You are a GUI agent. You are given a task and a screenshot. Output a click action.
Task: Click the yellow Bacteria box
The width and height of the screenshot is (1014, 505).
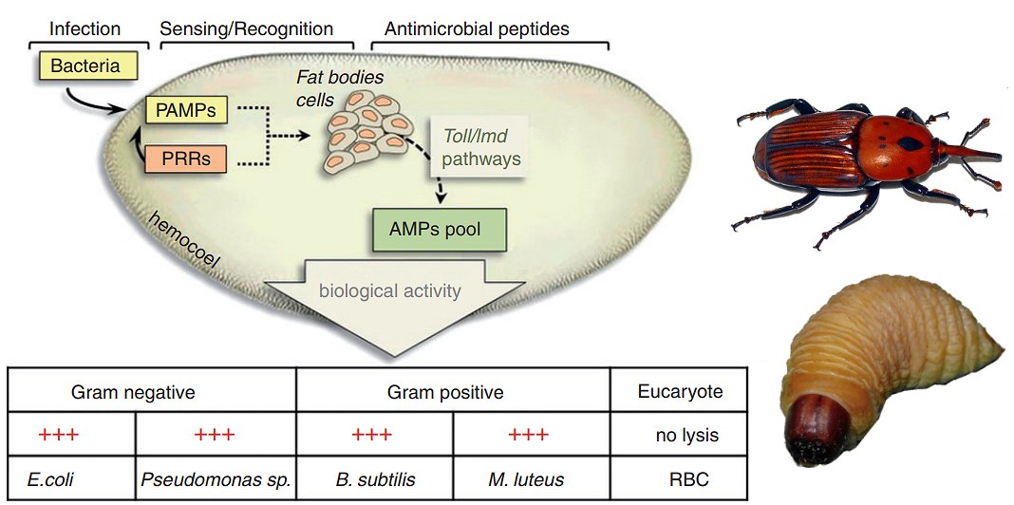point(87,66)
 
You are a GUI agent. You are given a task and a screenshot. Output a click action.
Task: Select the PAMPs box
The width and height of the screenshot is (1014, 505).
point(186,111)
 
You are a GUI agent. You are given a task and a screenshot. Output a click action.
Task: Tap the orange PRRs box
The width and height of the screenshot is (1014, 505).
point(186,158)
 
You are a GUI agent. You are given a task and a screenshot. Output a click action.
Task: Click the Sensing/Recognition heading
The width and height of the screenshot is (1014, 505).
point(247,28)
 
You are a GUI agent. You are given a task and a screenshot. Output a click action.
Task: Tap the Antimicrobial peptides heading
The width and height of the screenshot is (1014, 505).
point(477,28)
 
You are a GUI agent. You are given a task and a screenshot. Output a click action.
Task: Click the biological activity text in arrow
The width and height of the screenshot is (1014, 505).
point(389,290)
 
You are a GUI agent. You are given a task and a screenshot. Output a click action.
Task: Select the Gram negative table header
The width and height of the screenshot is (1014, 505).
point(133,391)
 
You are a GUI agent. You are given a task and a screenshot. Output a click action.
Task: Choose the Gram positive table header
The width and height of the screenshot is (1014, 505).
point(445,391)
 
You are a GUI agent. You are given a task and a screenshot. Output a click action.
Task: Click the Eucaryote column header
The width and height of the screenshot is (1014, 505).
point(679,391)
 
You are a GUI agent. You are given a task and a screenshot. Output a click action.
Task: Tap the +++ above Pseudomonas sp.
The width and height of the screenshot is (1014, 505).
point(214,436)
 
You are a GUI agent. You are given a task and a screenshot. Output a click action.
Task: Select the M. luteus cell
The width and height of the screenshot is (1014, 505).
point(528,479)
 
